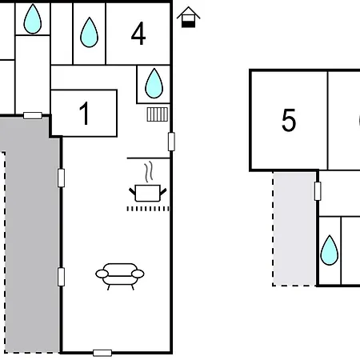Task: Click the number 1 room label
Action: [x=85, y=114]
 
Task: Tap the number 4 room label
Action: [x=138, y=34]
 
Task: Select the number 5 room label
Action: [x=289, y=120]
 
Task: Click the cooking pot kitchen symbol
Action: [x=148, y=193]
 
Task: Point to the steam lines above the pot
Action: [x=149, y=171]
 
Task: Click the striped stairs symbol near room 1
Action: [x=158, y=114]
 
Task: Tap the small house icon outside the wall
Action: [x=188, y=17]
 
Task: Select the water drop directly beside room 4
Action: [x=90, y=32]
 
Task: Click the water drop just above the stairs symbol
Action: [x=154, y=83]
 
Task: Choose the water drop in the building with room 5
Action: [x=330, y=250]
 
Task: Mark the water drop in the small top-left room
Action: [x=33, y=19]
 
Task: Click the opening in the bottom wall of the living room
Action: [x=102, y=353]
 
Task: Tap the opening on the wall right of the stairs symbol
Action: [x=171, y=142]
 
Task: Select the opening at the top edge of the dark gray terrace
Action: [x=33, y=115]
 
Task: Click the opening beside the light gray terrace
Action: [x=318, y=191]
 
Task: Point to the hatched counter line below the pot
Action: [x=148, y=209]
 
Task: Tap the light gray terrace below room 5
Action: [x=294, y=229]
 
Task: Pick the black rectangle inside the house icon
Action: [x=189, y=24]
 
